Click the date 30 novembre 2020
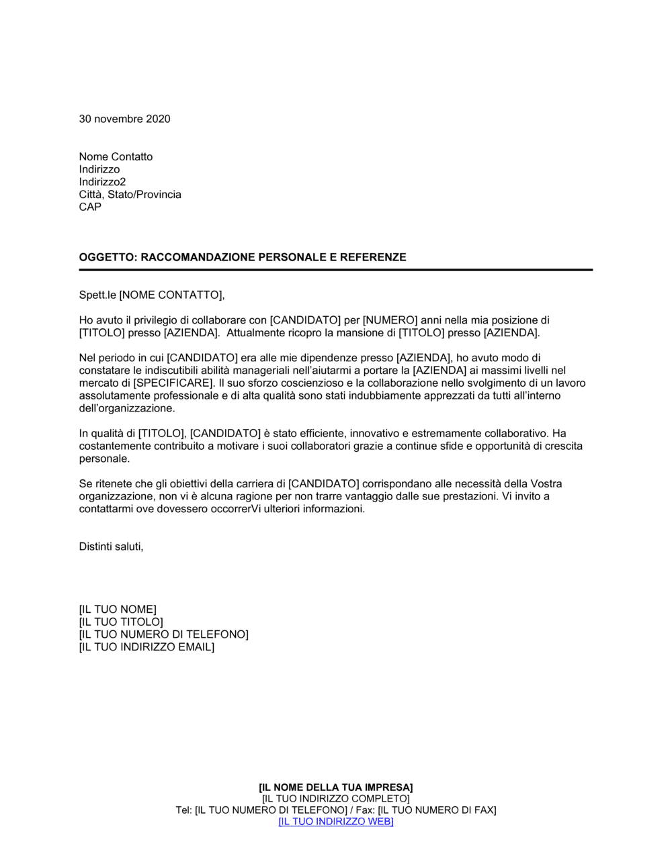click(124, 119)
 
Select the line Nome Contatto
click(116, 156)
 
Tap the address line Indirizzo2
click(102, 182)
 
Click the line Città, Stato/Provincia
click(130, 195)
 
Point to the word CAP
click(90, 207)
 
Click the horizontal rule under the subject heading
click(335, 270)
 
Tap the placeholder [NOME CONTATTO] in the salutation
click(170, 295)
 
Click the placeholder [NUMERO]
click(390, 320)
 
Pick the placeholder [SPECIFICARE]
click(174, 383)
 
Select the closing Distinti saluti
click(111, 546)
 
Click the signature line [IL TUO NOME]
click(118, 610)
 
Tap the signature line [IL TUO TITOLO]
click(121, 622)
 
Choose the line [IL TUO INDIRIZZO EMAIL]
click(146, 647)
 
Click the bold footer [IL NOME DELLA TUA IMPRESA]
click(335, 787)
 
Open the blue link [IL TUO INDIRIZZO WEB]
click(335, 822)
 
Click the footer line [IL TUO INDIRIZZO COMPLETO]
click(335, 799)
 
